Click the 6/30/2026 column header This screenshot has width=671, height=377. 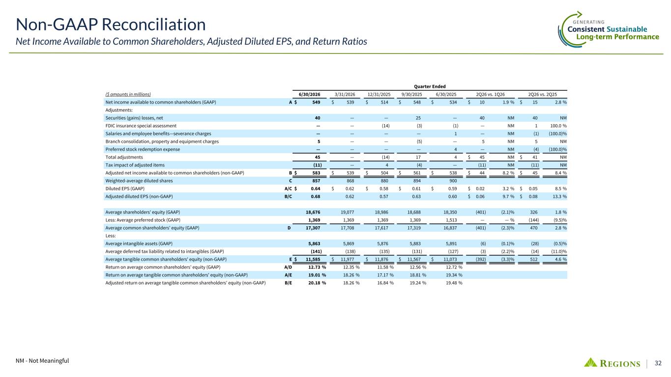[309, 94]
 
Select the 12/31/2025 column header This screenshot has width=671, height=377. [379, 94]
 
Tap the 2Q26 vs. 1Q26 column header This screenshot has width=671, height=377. [491, 94]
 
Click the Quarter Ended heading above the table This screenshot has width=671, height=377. [430, 86]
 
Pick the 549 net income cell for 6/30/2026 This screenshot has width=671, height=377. [316, 102]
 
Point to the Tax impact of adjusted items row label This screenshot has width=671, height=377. [135, 165]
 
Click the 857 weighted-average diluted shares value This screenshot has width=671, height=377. [316, 181]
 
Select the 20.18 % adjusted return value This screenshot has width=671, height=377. [317, 283]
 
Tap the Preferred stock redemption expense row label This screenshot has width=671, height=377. [143, 149]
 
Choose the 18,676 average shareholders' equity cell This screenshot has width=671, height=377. [313, 212]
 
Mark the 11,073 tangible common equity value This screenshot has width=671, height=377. [450, 259]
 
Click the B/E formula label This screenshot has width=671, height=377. [288, 283]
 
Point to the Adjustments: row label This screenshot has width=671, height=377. [119, 110]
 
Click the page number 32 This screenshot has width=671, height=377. [658, 363]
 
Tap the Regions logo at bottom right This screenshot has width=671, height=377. [612, 363]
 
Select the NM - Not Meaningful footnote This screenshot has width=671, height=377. [42, 360]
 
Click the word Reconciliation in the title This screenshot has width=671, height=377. [154, 25]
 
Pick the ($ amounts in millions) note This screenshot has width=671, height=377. [128, 94]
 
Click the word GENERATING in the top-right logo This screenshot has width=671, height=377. [588, 22]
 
